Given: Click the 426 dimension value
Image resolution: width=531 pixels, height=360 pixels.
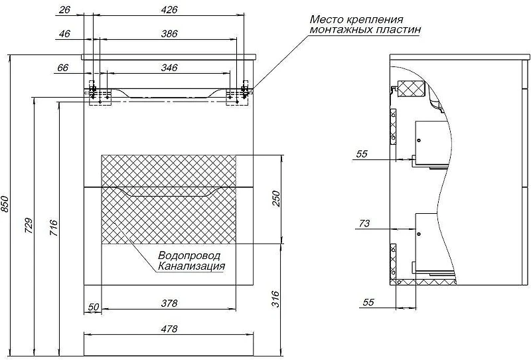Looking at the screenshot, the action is [x=169, y=10].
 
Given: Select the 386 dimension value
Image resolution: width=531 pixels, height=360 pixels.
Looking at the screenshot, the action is [x=169, y=34].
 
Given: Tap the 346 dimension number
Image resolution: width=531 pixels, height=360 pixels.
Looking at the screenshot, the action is [x=169, y=68].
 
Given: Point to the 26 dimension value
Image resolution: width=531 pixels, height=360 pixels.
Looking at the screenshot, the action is [x=64, y=10].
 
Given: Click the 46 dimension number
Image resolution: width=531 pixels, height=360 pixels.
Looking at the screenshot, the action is [x=64, y=34].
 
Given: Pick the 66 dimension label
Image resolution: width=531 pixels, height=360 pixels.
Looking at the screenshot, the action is [x=62, y=68].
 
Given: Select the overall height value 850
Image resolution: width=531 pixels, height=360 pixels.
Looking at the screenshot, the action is [x=5, y=204].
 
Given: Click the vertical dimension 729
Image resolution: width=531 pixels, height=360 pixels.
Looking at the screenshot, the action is [x=29, y=225].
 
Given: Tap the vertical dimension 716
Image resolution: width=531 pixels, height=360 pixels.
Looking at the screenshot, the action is [x=54, y=228].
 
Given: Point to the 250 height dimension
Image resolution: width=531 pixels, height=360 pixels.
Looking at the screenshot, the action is [x=276, y=199].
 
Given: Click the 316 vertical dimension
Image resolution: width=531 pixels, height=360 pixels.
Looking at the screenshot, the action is [x=276, y=299].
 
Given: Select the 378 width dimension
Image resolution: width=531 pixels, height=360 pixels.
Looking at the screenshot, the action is [x=169, y=303].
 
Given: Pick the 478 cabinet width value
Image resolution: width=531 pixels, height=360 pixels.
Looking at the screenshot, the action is [x=169, y=329].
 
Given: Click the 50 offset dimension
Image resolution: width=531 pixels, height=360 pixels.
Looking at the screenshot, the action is [x=94, y=307].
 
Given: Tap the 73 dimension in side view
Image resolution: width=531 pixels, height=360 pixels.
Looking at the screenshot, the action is [x=364, y=223].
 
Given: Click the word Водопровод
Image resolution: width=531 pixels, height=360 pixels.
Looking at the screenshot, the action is [x=189, y=255].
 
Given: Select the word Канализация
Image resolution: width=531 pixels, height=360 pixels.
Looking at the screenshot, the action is [x=191, y=266].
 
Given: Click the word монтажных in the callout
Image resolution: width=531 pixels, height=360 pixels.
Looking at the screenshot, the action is [x=341, y=29].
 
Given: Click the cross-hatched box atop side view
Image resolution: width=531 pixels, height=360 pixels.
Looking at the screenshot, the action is [x=410, y=88].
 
